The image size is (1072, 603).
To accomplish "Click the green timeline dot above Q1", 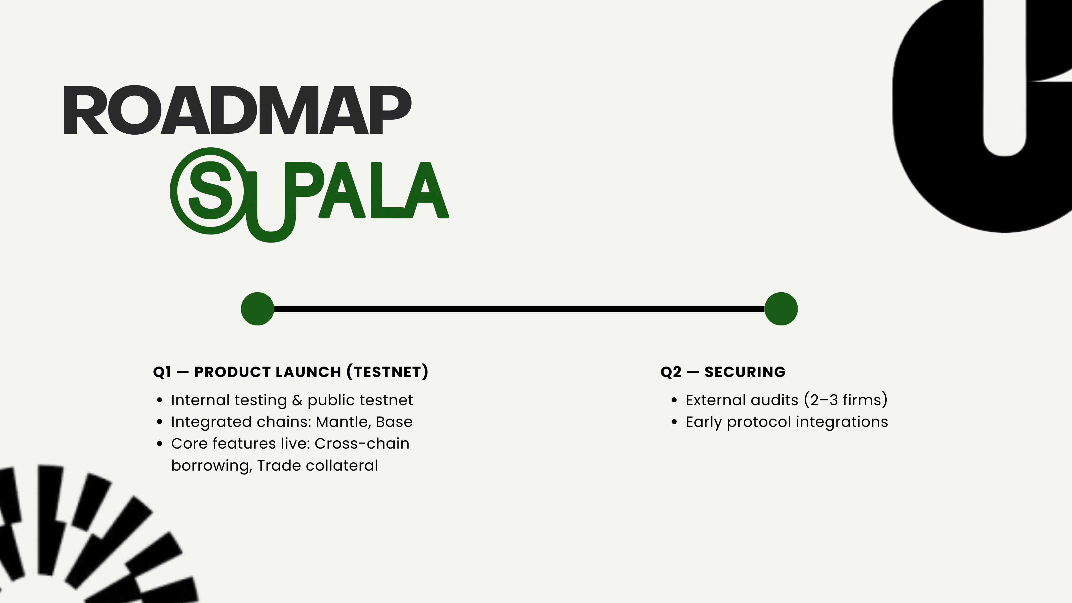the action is coord(257,309).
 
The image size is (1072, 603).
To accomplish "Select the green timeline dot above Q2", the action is coord(781,309).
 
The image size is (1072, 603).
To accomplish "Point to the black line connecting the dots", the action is coord(519,309).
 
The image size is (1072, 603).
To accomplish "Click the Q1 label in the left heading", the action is coord(162,372).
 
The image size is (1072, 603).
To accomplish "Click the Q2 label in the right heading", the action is coord(671,372).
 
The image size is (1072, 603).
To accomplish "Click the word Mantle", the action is coord(343,422).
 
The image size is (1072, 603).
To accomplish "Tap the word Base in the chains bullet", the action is coord(394,422).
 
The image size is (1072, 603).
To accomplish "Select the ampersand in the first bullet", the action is coord(297,400).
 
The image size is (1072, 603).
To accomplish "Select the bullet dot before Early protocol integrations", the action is coord(674,422).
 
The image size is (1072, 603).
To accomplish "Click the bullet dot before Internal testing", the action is coord(160,400).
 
